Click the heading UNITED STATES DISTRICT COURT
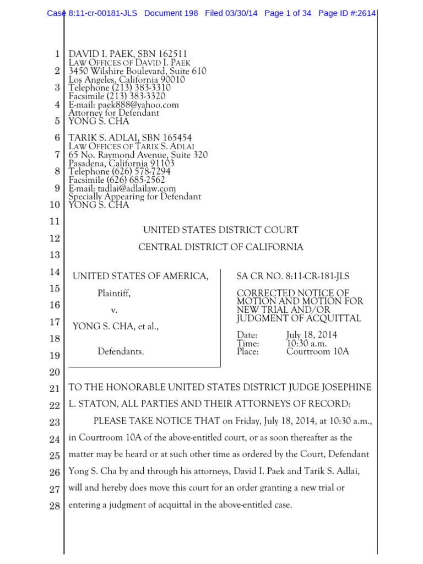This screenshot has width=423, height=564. click(x=221, y=230)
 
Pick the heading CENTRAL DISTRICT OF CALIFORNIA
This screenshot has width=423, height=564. click(x=220, y=247)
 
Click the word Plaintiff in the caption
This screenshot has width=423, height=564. click(x=114, y=293)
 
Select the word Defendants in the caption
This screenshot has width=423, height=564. click(x=121, y=351)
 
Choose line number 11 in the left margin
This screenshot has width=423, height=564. click(x=54, y=221)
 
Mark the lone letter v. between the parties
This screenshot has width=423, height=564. click(x=115, y=311)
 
